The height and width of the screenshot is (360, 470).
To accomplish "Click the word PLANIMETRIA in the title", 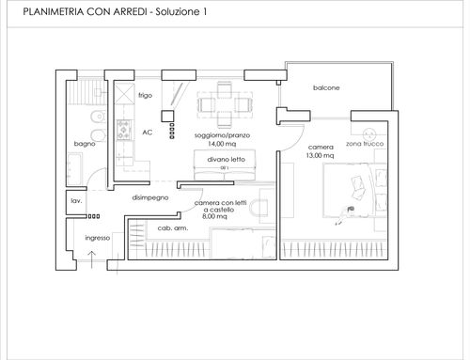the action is [x=54, y=12].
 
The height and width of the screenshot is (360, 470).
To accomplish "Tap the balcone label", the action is [x=326, y=87].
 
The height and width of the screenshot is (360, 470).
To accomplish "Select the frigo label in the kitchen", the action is [x=146, y=95].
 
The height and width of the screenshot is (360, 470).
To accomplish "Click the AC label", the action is [x=148, y=133].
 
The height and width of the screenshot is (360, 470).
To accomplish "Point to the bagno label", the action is [x=85, y=144].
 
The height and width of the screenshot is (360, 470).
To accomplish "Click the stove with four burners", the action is [x=123, y=130].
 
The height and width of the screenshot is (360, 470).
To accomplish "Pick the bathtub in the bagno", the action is [x=75, y=169].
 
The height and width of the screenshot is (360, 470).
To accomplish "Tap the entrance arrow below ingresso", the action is [x=91, y=259].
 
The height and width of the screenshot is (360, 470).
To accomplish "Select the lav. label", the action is [x=76, y=201].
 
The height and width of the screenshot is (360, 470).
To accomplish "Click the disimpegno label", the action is [x=150, y=197].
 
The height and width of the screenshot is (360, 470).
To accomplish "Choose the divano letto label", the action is [x=226, y=159].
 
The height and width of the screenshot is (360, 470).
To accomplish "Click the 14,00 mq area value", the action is [x=222, y=144].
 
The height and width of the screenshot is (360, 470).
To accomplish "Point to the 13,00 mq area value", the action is [x=320, y=155].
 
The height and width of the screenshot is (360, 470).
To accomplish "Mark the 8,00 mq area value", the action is [x=214, y=216].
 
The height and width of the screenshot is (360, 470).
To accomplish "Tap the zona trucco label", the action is [x=365, y=144].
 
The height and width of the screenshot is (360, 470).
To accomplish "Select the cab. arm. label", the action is [x=173, y=228].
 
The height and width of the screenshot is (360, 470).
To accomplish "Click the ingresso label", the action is [x=98, y=238].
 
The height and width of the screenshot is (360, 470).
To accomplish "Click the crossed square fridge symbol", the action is [x=124, y=93].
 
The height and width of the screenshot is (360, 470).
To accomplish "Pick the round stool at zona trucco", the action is [x=369, y=134].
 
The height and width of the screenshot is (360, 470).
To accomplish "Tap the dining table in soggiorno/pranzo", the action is [x=225, y=104].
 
